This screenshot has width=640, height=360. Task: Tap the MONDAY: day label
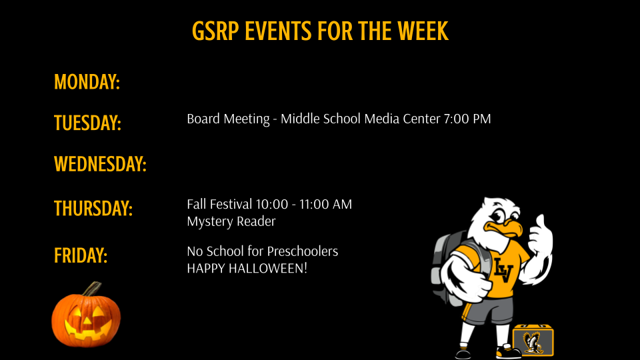pyautogui.click(x=87, y=82)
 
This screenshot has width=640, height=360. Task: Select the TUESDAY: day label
pyautogui.click(x=87, y=123)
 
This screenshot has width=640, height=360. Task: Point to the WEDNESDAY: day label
pyautogui.click(x=100, y=164)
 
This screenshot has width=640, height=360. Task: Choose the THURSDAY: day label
pyautogui.click(x=93, y=208)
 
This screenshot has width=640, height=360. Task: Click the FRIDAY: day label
pyautogui.click(x=81, y=255)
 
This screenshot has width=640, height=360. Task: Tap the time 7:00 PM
pyautogui.click(x=467, y=119)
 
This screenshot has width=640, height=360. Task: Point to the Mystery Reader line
pyautogui.click(x=231, y=221)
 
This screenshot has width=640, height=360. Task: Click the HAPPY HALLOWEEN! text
pyautogui.click(x=247, y=269)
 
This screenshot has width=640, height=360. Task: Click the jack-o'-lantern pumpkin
pyautogui.click(x=86, y=319)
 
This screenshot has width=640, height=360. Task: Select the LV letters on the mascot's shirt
pyautogui.click(x=502, y=269)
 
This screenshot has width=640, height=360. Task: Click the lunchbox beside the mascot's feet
pyautogui.click(x=533, y=340)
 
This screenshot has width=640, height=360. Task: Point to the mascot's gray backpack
pyautogui.click(x=445, y=263)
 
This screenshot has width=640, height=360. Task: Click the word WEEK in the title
pyautogui.click(x=423, y=31)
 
